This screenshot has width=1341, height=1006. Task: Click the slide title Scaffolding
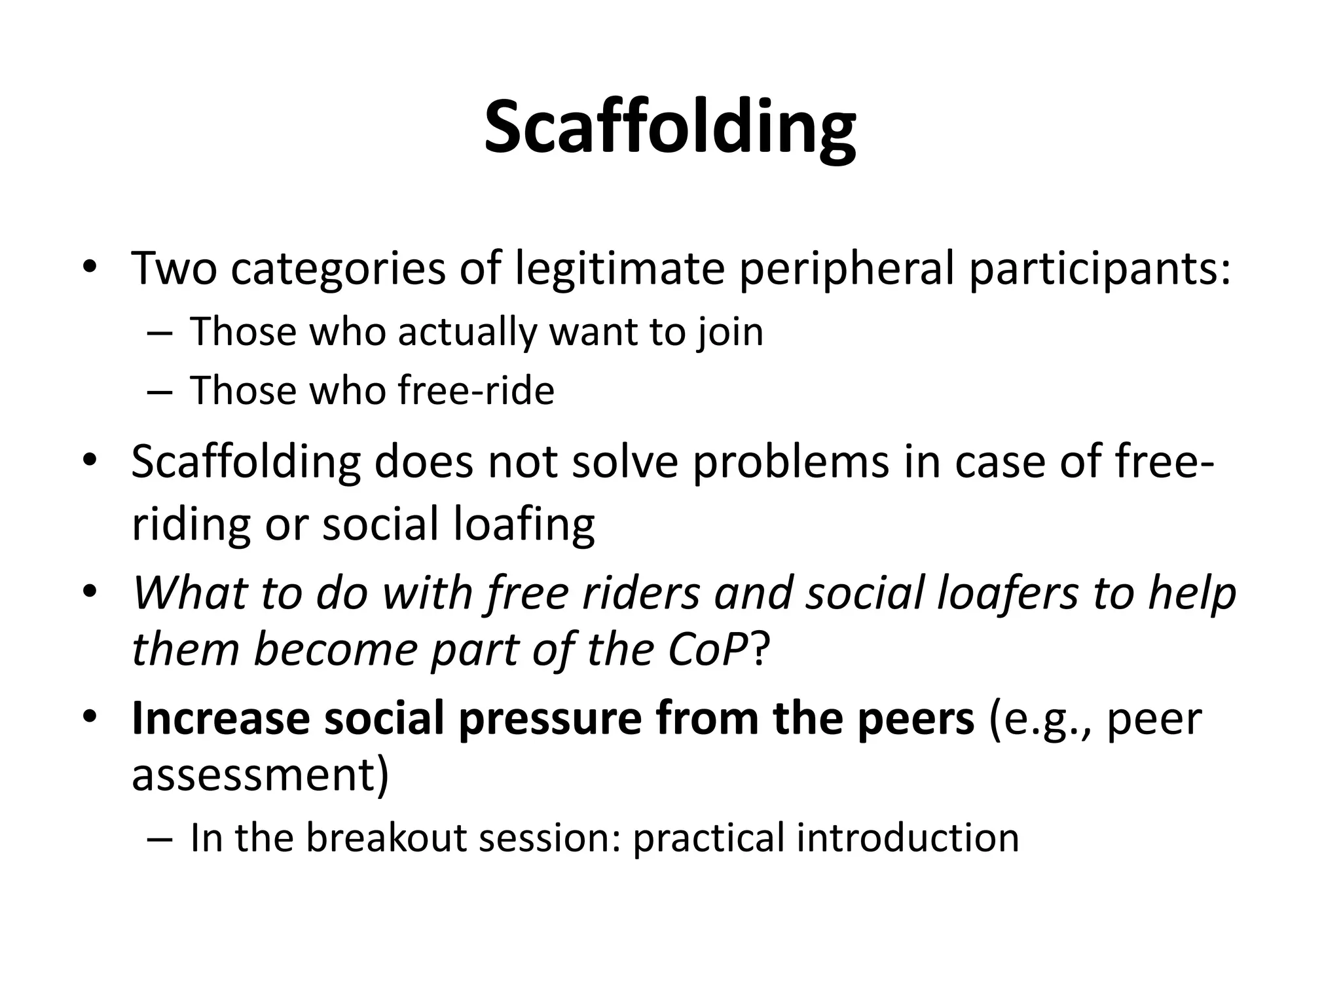coord(670,128)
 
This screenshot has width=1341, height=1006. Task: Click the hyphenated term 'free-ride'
coord(476,390)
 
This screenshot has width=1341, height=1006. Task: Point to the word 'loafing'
coord(524,525)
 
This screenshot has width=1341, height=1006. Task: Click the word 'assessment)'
coord(260,775)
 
